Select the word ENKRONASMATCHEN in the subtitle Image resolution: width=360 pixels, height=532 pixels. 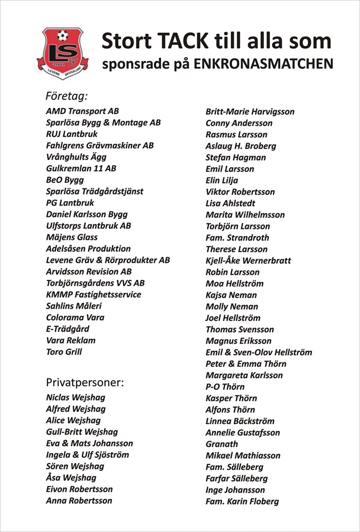(x=263, y=64)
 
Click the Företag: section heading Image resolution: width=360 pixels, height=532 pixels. (x=67, y=96)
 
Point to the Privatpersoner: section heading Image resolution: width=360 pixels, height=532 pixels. (x=85, y=382)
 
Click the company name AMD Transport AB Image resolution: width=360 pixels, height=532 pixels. (x=83, y=111)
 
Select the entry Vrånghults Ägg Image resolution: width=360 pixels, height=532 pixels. (x=76, y=157)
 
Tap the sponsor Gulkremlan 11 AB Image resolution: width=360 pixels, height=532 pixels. (x=81, y=168)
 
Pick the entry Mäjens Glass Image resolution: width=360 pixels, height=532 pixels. (x=71, y=237)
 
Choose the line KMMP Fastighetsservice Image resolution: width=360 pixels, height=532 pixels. (x=94, y=294)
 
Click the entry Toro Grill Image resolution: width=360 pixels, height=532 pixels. (x=64, y=352)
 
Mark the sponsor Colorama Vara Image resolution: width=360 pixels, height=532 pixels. (x=75, y=318)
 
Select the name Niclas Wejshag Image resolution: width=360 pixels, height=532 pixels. (x=75, y=397)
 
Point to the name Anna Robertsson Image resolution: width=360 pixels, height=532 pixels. (x=79, y=500)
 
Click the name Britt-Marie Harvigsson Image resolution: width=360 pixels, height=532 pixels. (x=250, y=111)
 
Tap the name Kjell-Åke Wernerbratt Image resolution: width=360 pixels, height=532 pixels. (x=248, y=260)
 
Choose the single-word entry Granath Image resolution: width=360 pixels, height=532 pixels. (x=222, y=444)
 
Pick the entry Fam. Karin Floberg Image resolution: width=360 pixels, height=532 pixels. (x=242, y=502)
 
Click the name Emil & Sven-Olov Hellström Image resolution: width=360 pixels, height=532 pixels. (x=259, y=352)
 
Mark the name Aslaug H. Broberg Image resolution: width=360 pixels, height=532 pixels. (x=240, y=146)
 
